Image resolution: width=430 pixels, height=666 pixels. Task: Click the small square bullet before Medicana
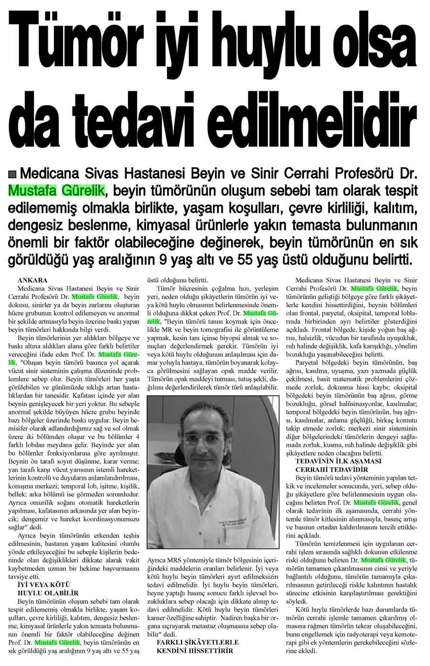tap(12, 172)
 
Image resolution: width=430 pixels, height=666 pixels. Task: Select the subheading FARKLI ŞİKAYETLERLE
tap(198, 642)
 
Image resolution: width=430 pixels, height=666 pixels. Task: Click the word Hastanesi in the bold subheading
tap(153, 172)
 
